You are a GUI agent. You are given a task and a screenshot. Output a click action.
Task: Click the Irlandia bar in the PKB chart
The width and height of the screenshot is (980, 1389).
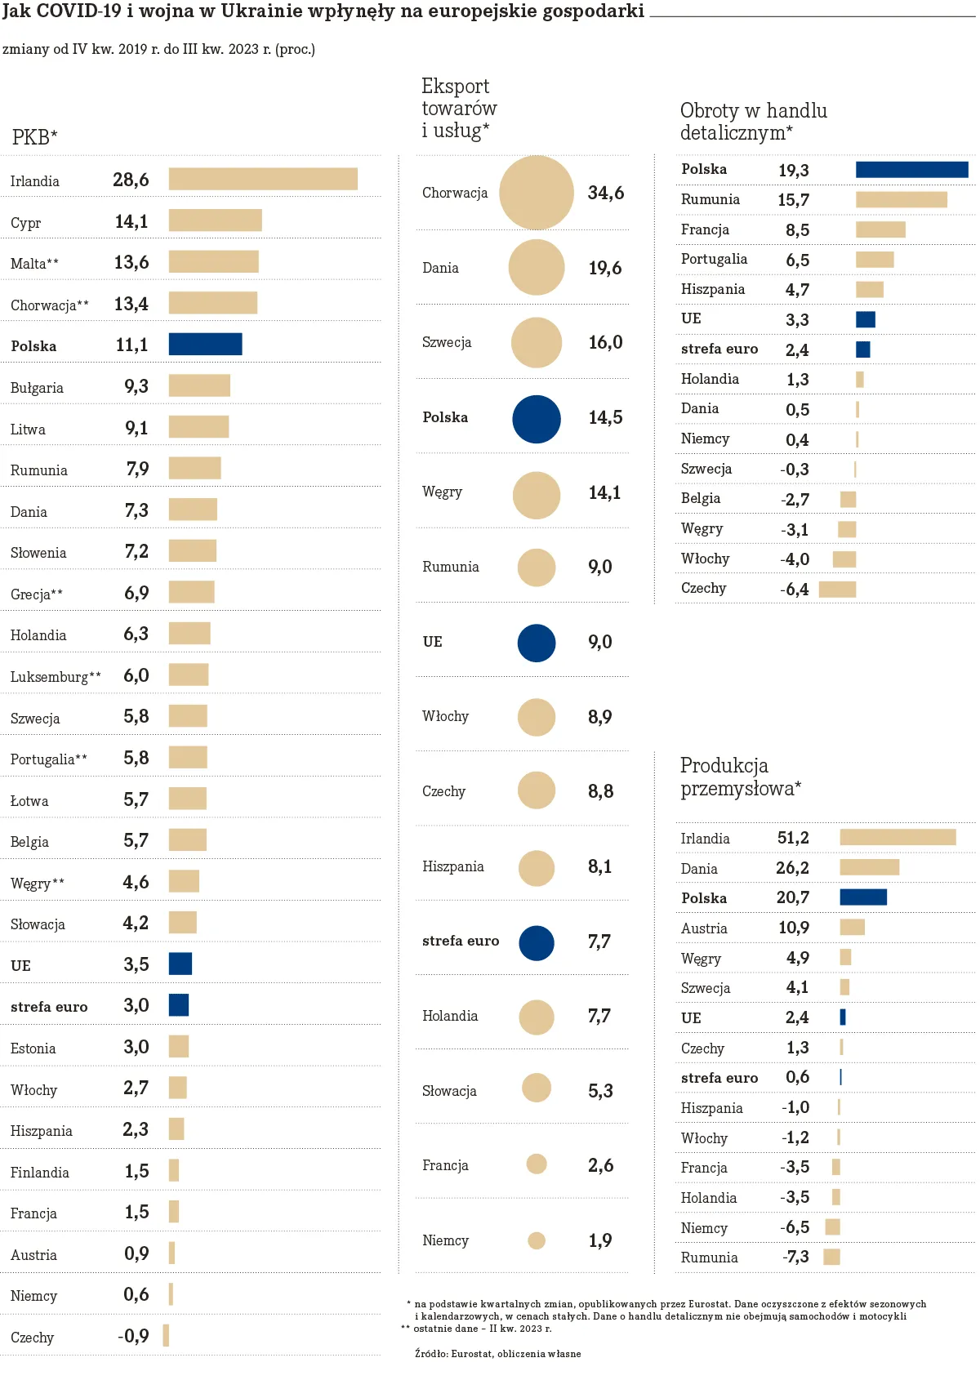click(x=263, y=179)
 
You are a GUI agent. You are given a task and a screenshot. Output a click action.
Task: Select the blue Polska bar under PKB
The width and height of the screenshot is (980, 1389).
click(x=205, y=345)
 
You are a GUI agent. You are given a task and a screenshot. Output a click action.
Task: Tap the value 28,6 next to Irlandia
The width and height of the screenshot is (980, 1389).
click(x=131, y=180)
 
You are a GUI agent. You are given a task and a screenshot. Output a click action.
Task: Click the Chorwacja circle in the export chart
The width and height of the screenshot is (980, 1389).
click(x=537, y=193)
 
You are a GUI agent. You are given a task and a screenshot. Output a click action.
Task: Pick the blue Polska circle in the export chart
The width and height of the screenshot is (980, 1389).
click(x=537, y=419)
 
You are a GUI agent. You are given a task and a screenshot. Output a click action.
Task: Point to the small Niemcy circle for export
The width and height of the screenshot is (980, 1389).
click(x=537, y=1241)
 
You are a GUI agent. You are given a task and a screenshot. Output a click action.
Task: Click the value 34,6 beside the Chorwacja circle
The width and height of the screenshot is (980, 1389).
click(x=606, y=193)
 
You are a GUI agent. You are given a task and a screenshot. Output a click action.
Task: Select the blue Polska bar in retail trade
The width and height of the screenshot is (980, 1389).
click(x=911, y=170)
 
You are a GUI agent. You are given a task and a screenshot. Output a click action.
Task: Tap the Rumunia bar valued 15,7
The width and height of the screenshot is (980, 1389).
click(x=901, y=199)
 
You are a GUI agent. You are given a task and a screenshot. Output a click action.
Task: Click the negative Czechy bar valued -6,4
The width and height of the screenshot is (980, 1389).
click(x=837, y=590)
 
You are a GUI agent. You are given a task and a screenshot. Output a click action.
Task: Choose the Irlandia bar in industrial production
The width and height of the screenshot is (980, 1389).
click(x=898, y=837)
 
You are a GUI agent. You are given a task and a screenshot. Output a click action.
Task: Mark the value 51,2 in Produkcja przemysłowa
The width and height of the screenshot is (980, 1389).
click(x=793, y=838)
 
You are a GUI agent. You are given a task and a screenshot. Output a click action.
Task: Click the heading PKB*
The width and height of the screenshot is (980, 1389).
click(x=34, y=137)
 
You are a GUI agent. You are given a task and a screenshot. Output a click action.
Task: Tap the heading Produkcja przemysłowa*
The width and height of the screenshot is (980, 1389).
click(x=740, y=777)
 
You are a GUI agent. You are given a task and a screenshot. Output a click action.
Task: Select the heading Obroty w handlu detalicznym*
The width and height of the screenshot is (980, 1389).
click(x=753, y=121)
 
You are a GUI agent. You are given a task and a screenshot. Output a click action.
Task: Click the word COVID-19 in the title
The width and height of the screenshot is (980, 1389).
click(x=78, y=11)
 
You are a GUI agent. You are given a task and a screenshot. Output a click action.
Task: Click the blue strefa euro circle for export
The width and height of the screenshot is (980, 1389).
click(x=537, y=943)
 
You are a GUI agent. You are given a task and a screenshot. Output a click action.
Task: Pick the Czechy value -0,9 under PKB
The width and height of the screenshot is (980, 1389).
click(x=133, y=1337)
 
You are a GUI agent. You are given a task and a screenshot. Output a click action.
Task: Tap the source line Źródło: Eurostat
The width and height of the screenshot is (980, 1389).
click(x=497, y=1354)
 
